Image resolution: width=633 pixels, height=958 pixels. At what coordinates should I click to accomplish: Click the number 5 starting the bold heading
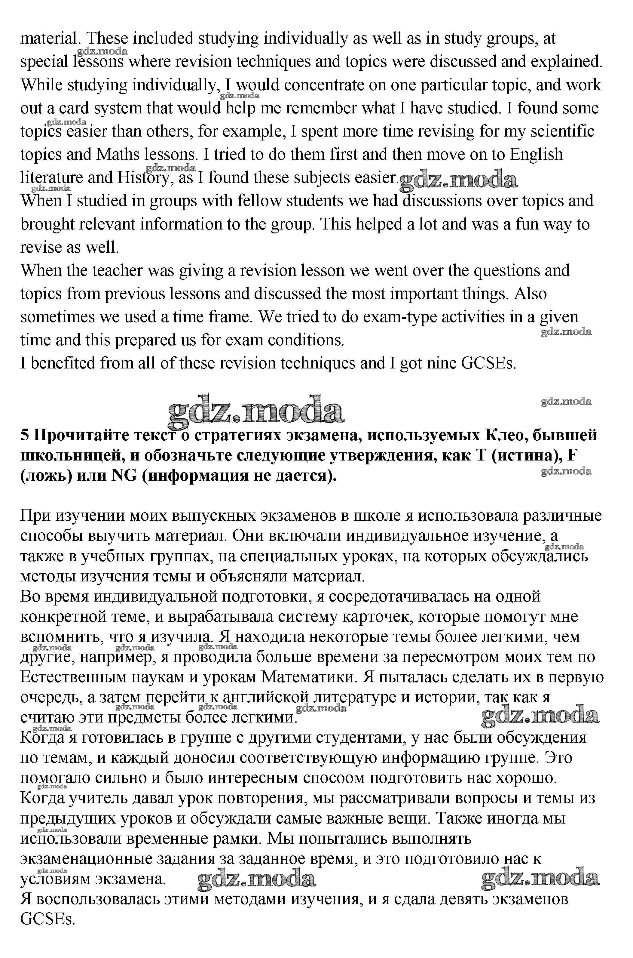[25, 435]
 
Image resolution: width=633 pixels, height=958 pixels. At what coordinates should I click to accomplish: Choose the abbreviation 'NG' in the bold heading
[124, 476]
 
